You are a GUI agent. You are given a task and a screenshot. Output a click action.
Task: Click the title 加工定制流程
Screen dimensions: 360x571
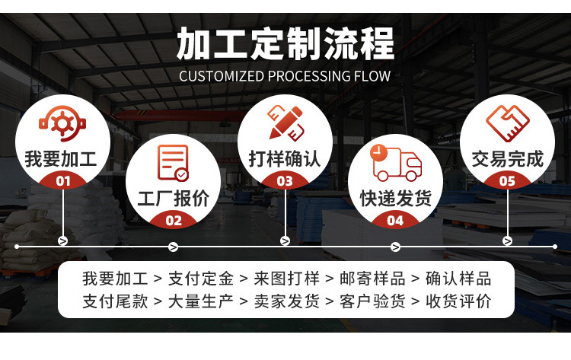pyautogui.click(x=285, y=43)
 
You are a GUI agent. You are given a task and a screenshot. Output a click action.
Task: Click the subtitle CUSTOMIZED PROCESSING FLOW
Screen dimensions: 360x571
pyautogui.click(x=285, y=76)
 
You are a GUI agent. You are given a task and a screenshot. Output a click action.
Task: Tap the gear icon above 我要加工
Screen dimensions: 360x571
pyautogui.click(x=62, y=124)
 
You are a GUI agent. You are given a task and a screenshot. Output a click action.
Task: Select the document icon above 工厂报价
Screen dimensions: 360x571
pyautogui.click(x=173, y=163)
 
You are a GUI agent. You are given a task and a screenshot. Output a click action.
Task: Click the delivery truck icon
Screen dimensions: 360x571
pyautogui.click(x=395, y=162)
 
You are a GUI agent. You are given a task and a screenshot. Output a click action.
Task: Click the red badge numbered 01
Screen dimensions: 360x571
pyautogui.click(x=62, y=181)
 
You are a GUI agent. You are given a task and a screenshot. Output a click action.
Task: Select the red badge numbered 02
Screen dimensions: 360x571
pyautogui.click(x=174, y=221)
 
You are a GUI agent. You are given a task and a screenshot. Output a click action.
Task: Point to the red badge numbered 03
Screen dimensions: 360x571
pyautogui.click(x=285, y=181)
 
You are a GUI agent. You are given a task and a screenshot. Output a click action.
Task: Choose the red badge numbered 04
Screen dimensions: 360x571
pyautogui.click(x=396, y=221)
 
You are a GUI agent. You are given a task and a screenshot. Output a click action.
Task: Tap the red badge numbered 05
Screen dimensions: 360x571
pyautogui.click(x=507, y=181)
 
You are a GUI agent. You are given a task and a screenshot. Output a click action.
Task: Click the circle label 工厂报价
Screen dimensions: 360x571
pyautogui.click(x=173, y=199)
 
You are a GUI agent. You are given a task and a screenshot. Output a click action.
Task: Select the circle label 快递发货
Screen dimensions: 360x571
pyautogui.click(x=396, y=199)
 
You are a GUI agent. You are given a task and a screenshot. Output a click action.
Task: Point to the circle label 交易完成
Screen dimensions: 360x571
pyautogui.click(x=507, y=160)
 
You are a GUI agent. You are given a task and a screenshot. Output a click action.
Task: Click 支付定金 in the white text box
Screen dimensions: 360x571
pyautogui.click(x=201, y=278)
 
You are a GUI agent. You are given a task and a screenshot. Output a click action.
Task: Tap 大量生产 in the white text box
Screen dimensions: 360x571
pyautogui.click(x=201, y=301)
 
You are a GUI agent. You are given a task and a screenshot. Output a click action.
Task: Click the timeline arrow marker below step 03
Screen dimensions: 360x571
pyautogui.click(x=285, y=241)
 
